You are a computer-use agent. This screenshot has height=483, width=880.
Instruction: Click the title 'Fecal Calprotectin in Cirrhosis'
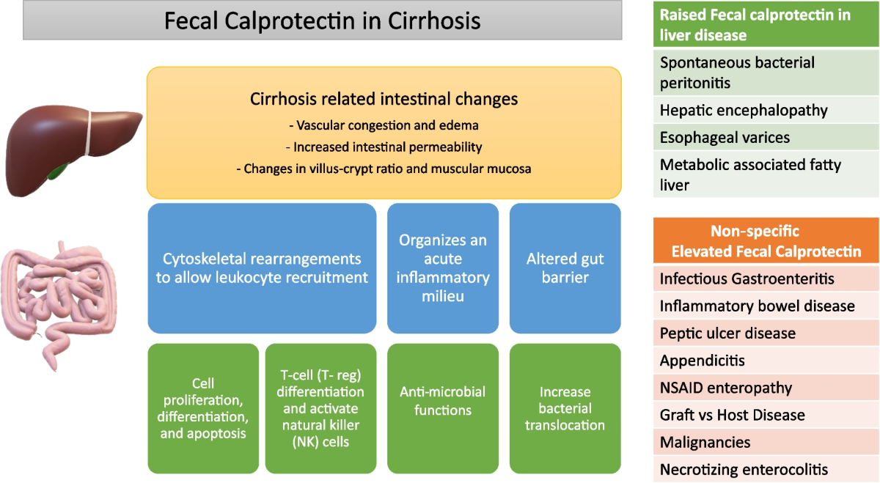point(322,21)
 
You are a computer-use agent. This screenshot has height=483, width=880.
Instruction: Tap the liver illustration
point(73,150)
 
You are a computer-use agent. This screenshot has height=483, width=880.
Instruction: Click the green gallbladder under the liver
point(57,172)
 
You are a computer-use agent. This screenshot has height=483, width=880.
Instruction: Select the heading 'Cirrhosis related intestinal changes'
point(384,99)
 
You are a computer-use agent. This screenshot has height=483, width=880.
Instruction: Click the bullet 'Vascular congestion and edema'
point(384,125)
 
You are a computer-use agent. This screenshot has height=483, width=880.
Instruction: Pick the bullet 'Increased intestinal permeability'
point(384,147)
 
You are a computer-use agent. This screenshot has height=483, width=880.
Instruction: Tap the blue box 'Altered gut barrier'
point(565,268)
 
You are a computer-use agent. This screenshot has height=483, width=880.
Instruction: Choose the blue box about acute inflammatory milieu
point(443,268)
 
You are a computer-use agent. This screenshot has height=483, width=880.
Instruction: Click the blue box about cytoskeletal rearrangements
point(262,268)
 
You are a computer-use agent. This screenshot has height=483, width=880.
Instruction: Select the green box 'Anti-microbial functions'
point(443,408)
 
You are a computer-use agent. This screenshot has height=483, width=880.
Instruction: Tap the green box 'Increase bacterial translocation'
point(565,408)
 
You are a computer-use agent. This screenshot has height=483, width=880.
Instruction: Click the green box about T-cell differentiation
point(320,408)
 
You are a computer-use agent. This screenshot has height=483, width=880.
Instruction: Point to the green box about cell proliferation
point(203,408)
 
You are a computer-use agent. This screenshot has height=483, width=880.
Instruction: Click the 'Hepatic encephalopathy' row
point(766,110)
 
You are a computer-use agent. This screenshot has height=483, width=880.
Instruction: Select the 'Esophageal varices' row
point(766,138)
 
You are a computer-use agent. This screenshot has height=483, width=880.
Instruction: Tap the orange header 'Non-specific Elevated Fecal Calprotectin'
point(766,240)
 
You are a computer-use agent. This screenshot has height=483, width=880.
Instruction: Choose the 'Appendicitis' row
point(766,360)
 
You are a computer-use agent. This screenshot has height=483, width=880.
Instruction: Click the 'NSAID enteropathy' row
point(766,388)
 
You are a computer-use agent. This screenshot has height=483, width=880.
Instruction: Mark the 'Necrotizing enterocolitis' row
point(766,469)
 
